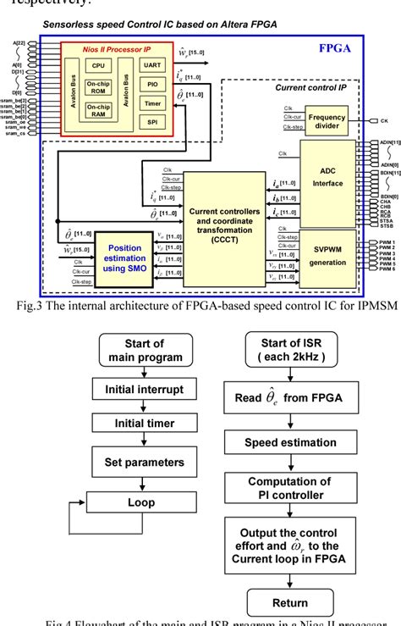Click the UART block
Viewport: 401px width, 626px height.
(x=153, y=64)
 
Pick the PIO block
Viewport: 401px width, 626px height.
(x=153, y=86)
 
